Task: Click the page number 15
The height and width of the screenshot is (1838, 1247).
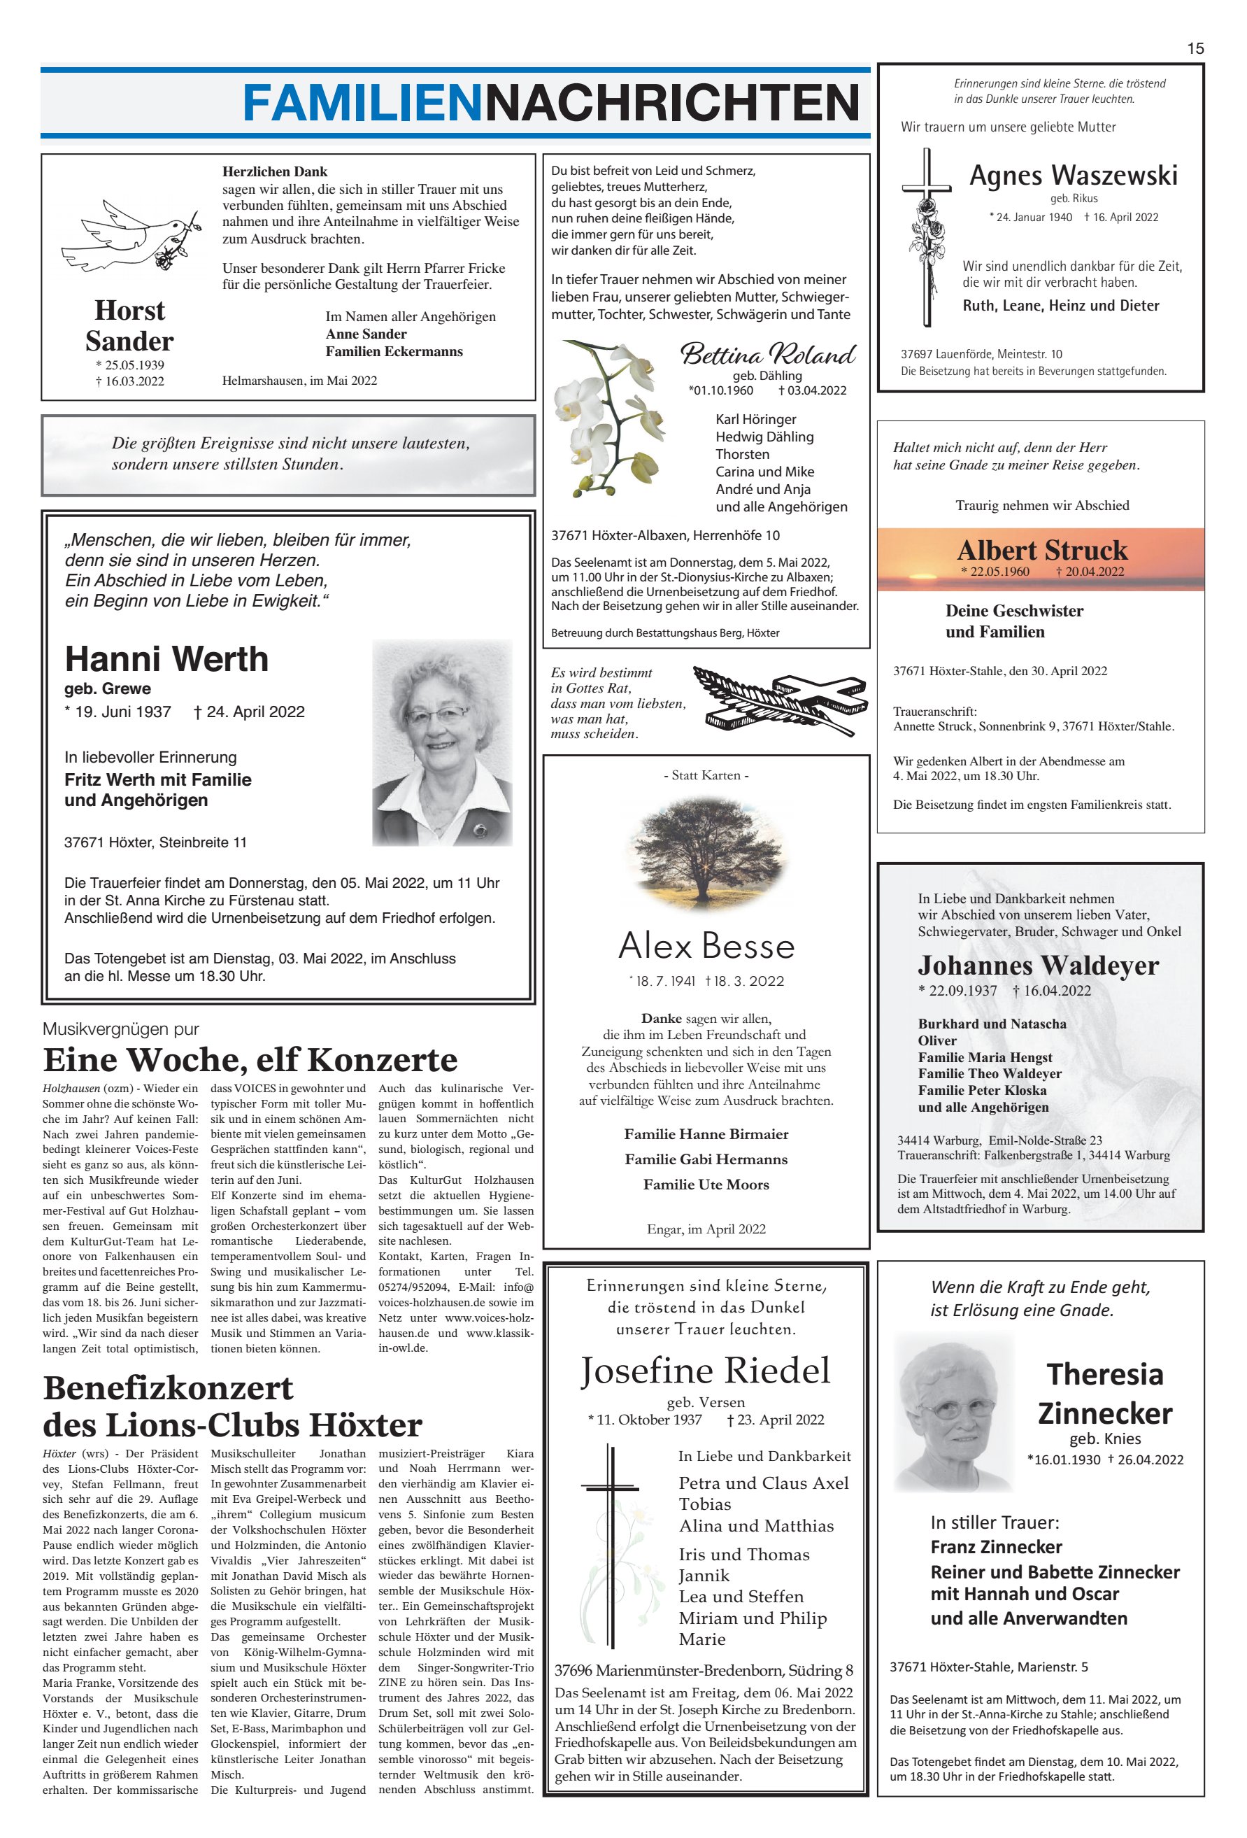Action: (1194, 48)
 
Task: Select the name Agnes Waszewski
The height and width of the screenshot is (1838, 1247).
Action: (1073, 175)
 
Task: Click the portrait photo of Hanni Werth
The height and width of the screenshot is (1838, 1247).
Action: (441, 742)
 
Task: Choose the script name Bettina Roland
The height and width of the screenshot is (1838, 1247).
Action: (767, 353)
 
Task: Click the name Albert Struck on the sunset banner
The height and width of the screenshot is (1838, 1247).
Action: (1041, 550)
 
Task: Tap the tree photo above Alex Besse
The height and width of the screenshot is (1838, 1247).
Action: (706, 854)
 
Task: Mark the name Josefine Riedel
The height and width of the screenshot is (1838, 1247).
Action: (706, 1371)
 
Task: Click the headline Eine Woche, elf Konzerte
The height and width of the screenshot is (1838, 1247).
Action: (250, 1059)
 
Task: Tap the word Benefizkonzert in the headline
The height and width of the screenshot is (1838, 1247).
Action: (169, 1388)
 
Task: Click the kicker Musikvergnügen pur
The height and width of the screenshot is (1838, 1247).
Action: (121, 1029)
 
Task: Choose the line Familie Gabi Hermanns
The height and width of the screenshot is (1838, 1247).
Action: (706, 1159)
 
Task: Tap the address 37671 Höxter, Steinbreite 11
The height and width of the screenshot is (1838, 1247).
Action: (155, 842)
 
